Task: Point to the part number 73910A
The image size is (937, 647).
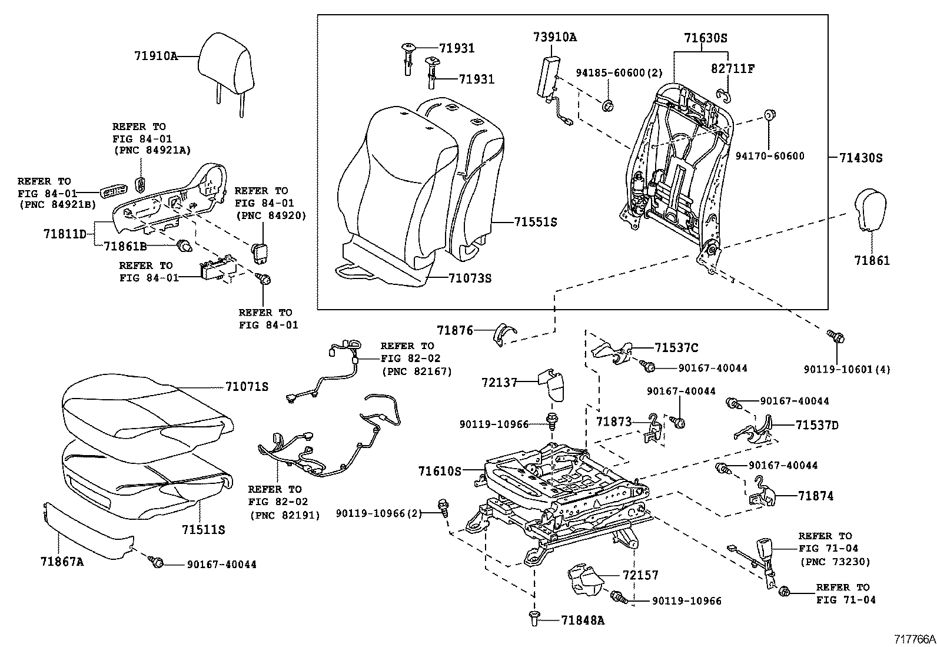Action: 555,38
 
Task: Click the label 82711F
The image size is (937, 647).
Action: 733,69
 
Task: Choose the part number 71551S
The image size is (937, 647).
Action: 535,222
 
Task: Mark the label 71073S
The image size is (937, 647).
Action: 469,277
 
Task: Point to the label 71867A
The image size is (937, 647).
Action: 63,562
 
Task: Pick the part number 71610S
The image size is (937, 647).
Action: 439,471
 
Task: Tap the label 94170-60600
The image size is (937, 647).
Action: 770,156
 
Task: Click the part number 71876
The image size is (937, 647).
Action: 455,331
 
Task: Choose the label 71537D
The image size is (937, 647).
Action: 817,425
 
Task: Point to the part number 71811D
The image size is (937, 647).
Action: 65,234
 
